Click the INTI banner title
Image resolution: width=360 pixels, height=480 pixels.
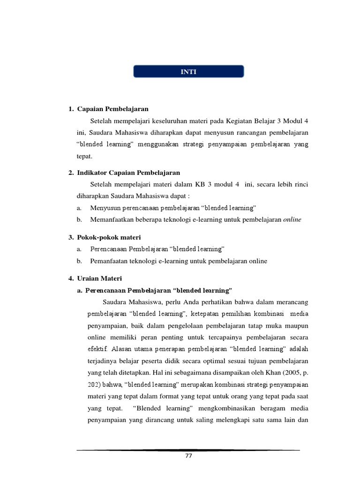(x=189, y=72)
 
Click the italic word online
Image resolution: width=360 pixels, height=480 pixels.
(x=292, y=219)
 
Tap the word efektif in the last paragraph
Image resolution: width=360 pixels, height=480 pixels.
(x=97, y=350)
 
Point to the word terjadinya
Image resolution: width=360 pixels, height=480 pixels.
(x=103, y=362)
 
